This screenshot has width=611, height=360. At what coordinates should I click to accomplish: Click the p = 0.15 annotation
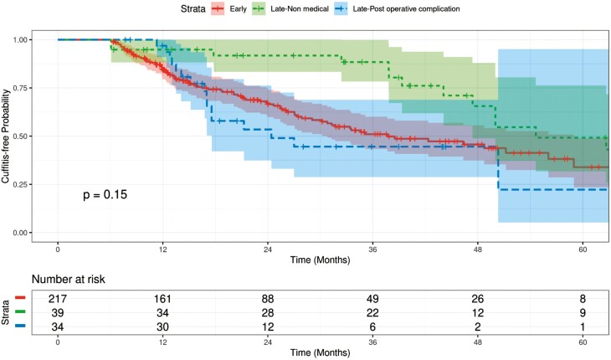(x=105, y=194)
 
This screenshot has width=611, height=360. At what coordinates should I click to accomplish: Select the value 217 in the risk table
(x=58, y=296)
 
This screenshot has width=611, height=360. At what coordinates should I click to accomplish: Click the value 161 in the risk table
(x=163, y=296)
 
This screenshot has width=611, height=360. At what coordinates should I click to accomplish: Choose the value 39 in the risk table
(x=58, y=311)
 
